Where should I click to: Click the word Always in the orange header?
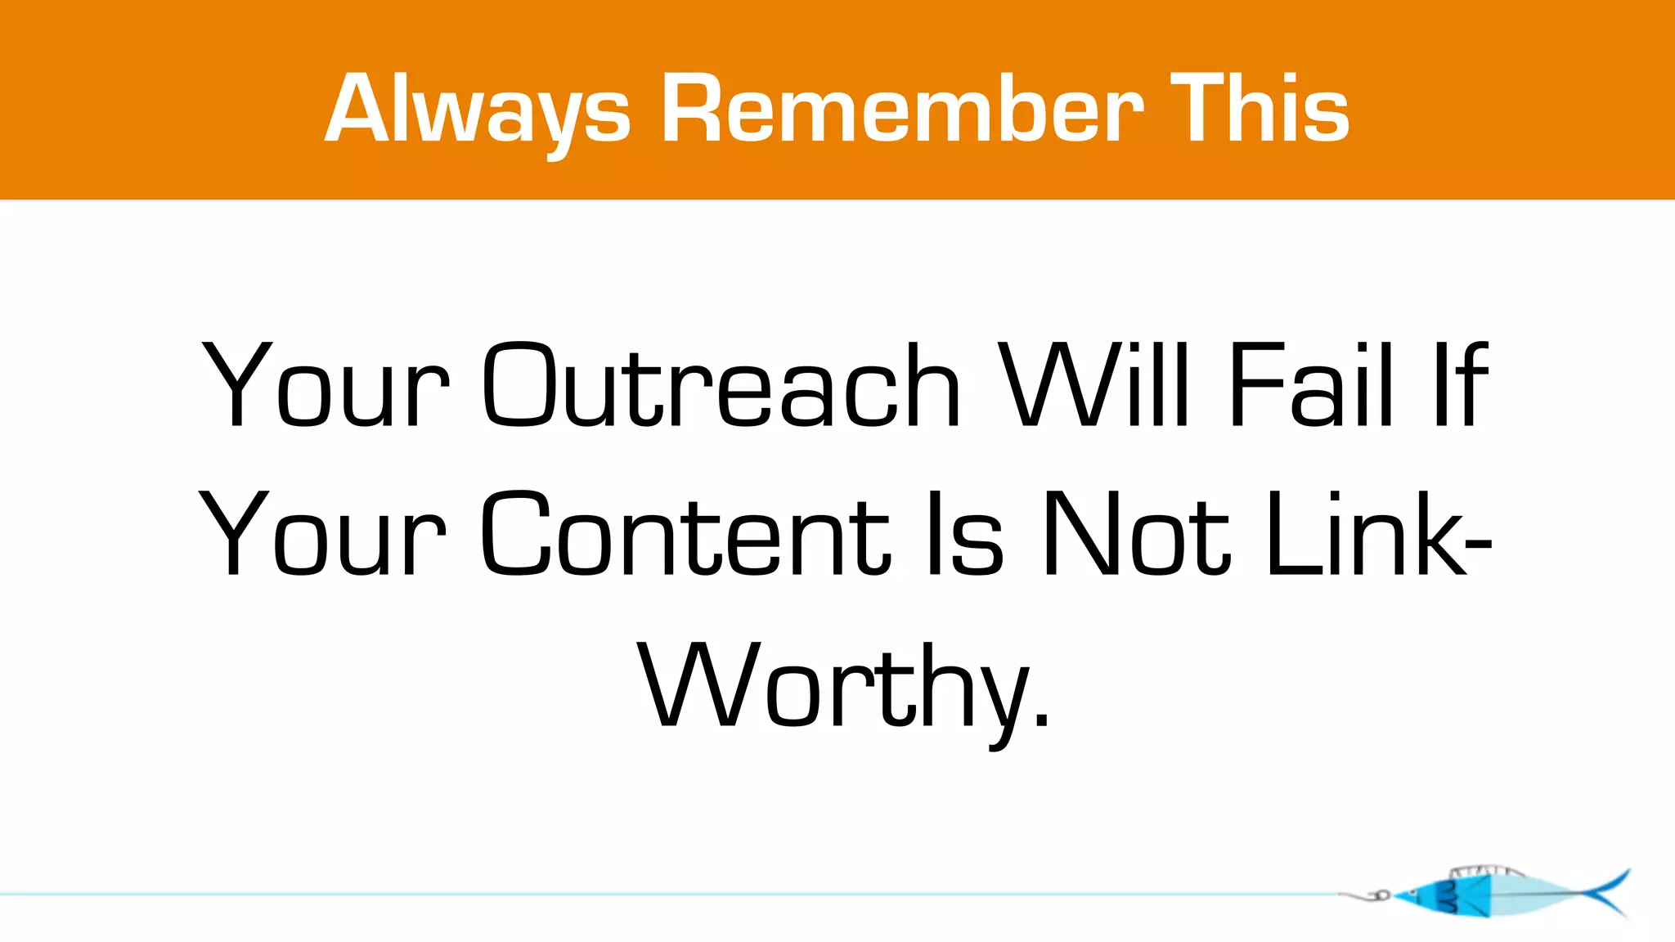pos(478,110)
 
